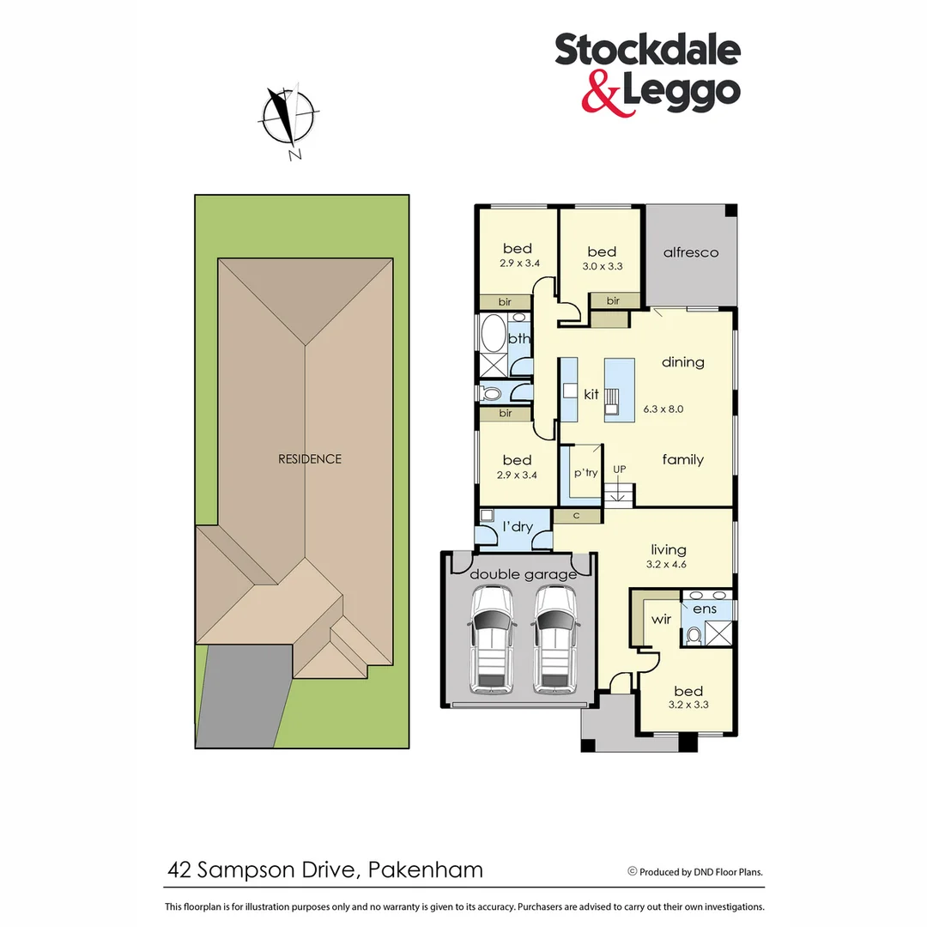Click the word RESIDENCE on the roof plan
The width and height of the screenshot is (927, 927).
point(310,459)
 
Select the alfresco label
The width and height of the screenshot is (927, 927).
point(690,252)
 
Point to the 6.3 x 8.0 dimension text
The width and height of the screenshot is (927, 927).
point(663,409)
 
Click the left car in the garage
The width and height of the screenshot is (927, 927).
point(492,639)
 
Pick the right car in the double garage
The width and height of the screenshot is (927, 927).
point(554,639)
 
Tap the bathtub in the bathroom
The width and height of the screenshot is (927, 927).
point(494,336)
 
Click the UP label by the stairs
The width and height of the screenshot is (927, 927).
point(619,470)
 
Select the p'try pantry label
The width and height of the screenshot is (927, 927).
point(585,473)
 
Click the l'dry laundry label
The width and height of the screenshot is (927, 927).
point(518,526)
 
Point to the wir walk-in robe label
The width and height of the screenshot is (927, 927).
point(662,617)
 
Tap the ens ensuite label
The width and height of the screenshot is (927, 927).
point(705,609)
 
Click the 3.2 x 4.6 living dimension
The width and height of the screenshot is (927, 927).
point(668,564)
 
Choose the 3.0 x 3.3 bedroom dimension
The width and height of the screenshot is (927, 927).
point(602,266)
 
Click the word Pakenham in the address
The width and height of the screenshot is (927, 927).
point(425,869)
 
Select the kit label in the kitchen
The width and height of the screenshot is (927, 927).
point(591,395)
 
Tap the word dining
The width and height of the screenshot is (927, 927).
point(682,362)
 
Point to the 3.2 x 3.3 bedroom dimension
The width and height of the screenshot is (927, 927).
point(688,706)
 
